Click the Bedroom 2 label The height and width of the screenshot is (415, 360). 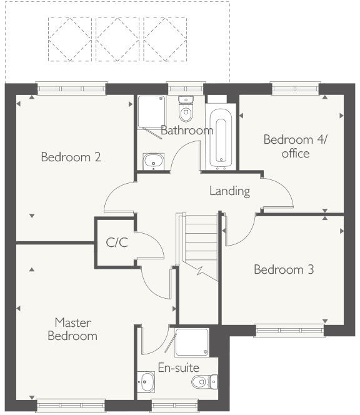point(71,157)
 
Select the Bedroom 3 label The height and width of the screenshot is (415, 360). point(283,270)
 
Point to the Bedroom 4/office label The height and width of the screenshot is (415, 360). point(286,146)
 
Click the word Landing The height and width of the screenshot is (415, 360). point(229,191)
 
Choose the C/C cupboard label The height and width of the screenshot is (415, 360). point(116,242)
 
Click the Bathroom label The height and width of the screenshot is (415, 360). point(186,131)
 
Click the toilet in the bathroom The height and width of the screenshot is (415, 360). point(186,109)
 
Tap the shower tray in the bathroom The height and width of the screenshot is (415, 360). point(150,111)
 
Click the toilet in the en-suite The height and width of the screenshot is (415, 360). point(204,381)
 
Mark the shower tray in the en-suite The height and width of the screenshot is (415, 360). point(192,342)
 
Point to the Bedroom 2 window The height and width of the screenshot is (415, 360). point(72,89)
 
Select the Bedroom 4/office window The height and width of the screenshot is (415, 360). point(296,89)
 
